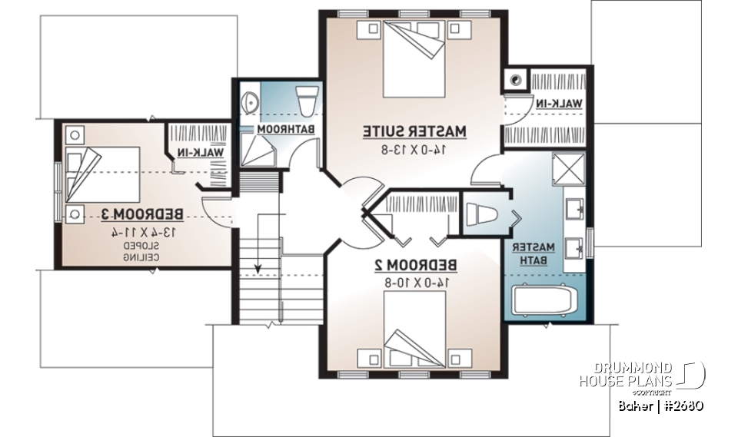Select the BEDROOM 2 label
[x=415, y=265]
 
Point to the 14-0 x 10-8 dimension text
[x=415, y=282]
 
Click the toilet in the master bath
[x=483, y=214]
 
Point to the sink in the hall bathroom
[x=248, y=101]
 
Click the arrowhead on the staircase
[x=258, y=269]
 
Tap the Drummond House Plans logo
[x=642, y=376]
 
